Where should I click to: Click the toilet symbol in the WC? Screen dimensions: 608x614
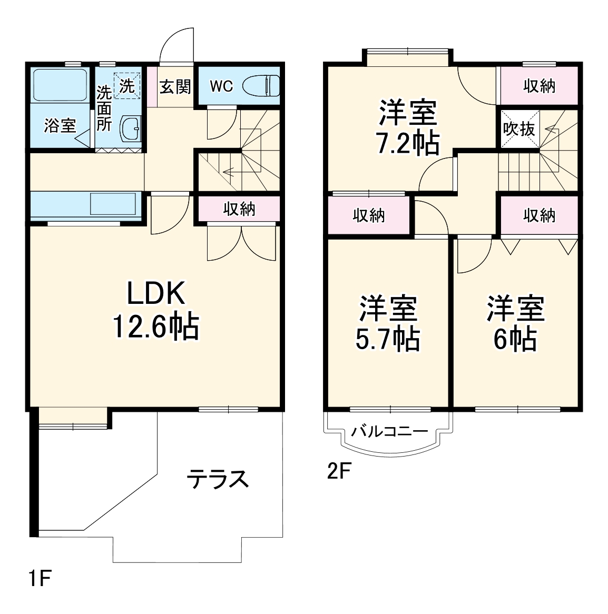coord(261,86)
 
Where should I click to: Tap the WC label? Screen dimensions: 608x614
coord(221,86)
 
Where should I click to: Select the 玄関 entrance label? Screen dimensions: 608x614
coord(175,86)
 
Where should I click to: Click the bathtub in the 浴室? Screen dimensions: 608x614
coord(60,85)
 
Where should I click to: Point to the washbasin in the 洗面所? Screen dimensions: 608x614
coord(131,127)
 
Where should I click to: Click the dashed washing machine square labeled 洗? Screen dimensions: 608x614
coord(127,86)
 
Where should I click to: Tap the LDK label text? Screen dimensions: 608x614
coord(156,293)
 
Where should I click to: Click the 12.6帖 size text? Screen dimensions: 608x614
coord(156,326)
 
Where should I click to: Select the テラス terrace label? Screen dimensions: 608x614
coord(218,479)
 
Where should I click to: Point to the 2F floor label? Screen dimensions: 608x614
coord(338,471)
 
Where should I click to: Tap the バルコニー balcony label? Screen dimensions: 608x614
coord(389,431)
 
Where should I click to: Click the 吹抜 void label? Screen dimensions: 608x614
coord(519,129)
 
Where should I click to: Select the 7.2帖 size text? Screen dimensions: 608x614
coord(407,143)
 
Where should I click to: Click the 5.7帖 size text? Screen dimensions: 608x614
coord(388,339)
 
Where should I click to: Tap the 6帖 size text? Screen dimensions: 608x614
coord(515,339)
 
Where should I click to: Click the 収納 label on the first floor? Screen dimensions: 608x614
coord(239,209)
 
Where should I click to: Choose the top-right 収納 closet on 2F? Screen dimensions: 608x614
coord(540,86)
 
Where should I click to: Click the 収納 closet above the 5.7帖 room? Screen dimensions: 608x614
coord(369,215)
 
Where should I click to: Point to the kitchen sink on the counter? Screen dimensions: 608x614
coord(113,204)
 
